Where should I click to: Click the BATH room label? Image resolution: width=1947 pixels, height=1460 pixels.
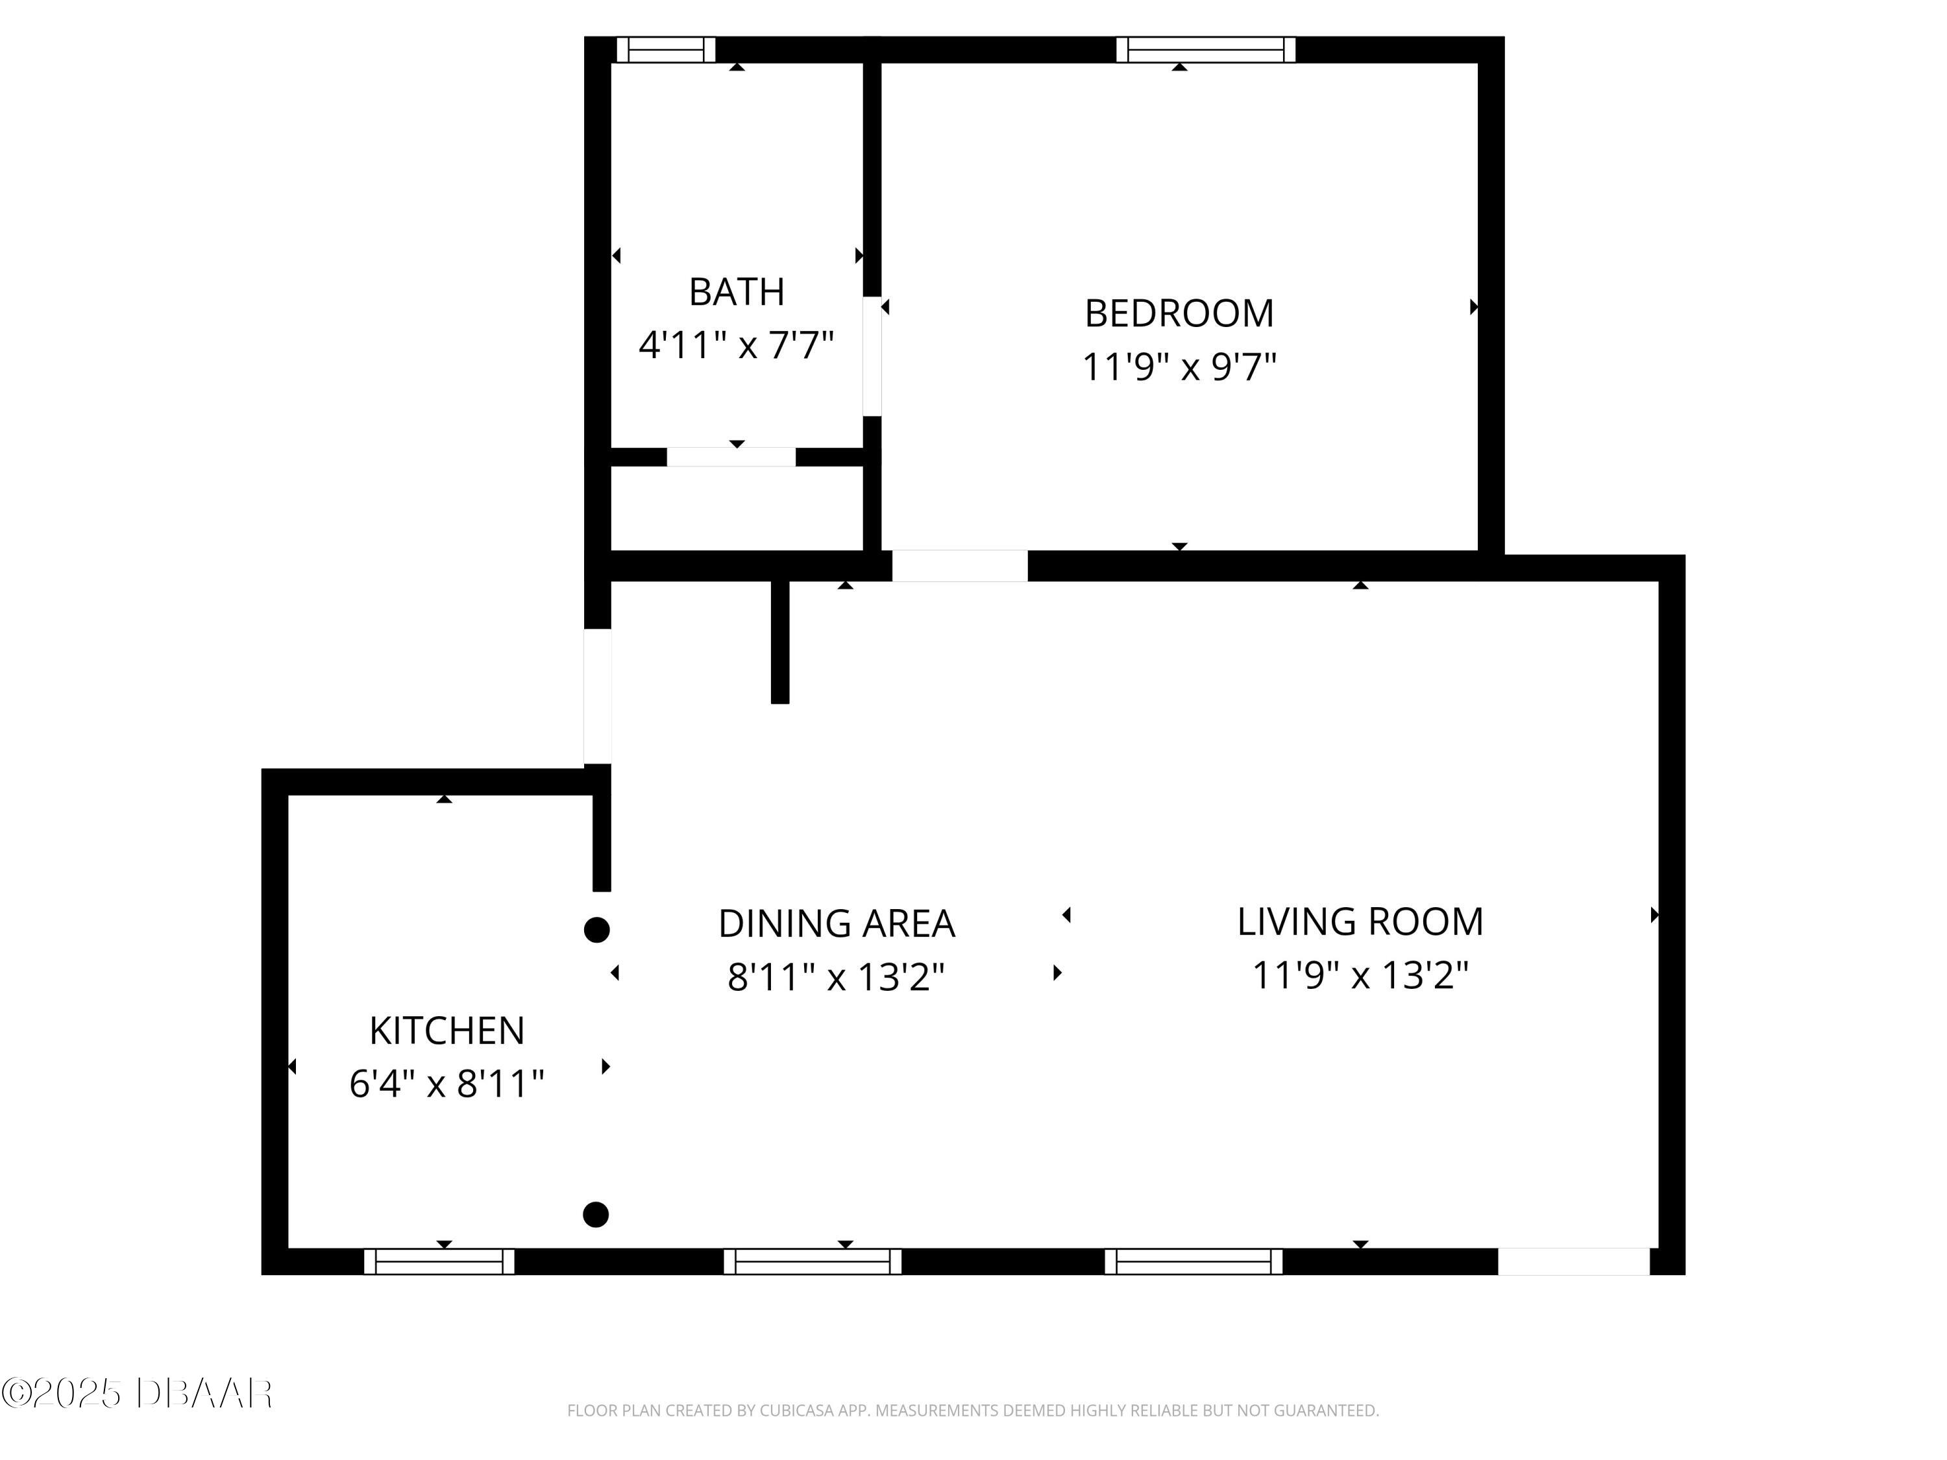click(x=736, y=292)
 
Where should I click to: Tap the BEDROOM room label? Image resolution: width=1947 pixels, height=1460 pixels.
click(x=1179, y=313)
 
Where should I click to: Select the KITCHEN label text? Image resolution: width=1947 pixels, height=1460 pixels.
click(x=447, y=1030)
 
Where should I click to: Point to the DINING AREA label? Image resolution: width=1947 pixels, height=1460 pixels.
click(x=836, y=923)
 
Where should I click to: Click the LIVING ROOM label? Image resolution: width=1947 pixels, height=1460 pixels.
click(x=1360, y=921)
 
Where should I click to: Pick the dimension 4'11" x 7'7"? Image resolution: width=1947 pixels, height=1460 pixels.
click(x=736, y=345)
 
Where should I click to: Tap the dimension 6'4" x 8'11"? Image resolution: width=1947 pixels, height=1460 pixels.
click(x=447, y=1084)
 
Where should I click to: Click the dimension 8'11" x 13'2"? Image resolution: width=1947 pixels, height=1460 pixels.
click(x=836, y=977)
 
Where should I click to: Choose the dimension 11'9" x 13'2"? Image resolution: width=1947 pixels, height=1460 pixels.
click(x=1360, y=975)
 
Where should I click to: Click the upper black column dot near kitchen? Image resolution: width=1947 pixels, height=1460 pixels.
click(x=597, y=929)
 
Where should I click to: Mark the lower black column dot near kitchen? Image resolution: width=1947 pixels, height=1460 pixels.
click(x=596, y=1215)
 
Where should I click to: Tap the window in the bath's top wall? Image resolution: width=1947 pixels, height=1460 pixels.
click(x=665, y=50)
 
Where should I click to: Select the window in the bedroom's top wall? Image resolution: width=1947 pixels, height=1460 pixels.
click(x=1206, y=50)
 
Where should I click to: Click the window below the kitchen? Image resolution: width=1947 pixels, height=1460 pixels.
click(x=439, y=1261)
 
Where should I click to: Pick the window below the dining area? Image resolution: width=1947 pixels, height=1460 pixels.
click(x=813, y=1261)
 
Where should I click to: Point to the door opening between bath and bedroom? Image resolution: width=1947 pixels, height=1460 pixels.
click(x=872, y=356)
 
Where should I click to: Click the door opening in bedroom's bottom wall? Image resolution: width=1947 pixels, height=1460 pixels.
click(x=959, y=566)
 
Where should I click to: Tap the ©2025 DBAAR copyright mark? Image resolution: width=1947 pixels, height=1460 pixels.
click(x=136, y=1393)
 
